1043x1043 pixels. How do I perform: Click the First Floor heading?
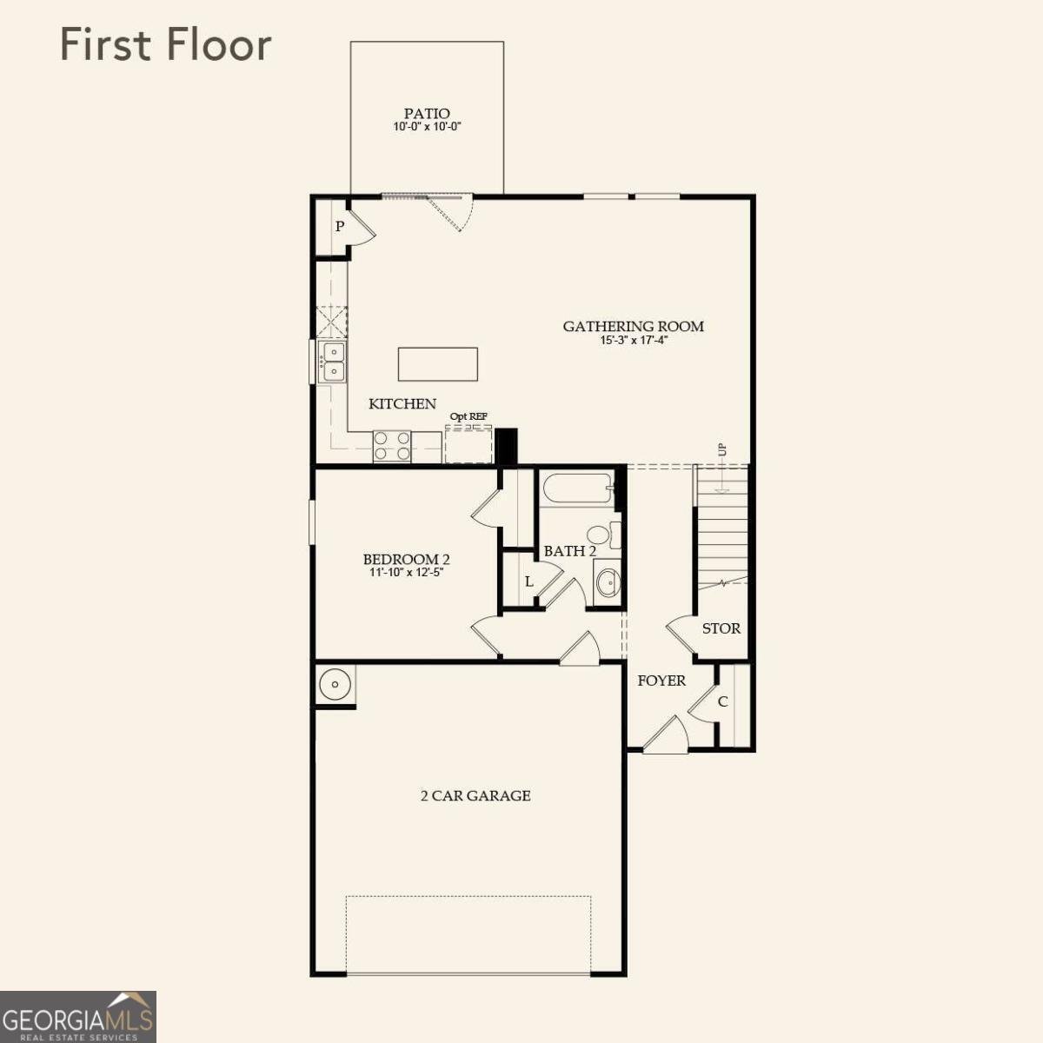(x=165, y=45)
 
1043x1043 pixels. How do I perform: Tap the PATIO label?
(x=427, y=114)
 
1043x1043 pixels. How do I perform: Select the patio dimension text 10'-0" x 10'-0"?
(x=427, y=127)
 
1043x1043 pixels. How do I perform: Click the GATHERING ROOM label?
(x=633, y=327)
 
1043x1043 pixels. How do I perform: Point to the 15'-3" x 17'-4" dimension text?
(x=633, y=341)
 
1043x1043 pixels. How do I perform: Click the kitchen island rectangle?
(x=438, y=364)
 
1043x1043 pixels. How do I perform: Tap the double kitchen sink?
(x=332, y=362)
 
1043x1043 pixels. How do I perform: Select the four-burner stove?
(x=392, y=447)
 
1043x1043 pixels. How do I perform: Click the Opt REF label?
(x=468, y=417)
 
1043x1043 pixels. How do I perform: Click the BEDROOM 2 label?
(x=406, y=560)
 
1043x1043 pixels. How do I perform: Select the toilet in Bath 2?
(x=601, y=535)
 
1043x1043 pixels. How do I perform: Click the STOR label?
(x=721, y=628)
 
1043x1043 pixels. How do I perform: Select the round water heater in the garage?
(x=334, y=685)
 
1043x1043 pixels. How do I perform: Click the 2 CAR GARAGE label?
(x=475, y=795)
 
